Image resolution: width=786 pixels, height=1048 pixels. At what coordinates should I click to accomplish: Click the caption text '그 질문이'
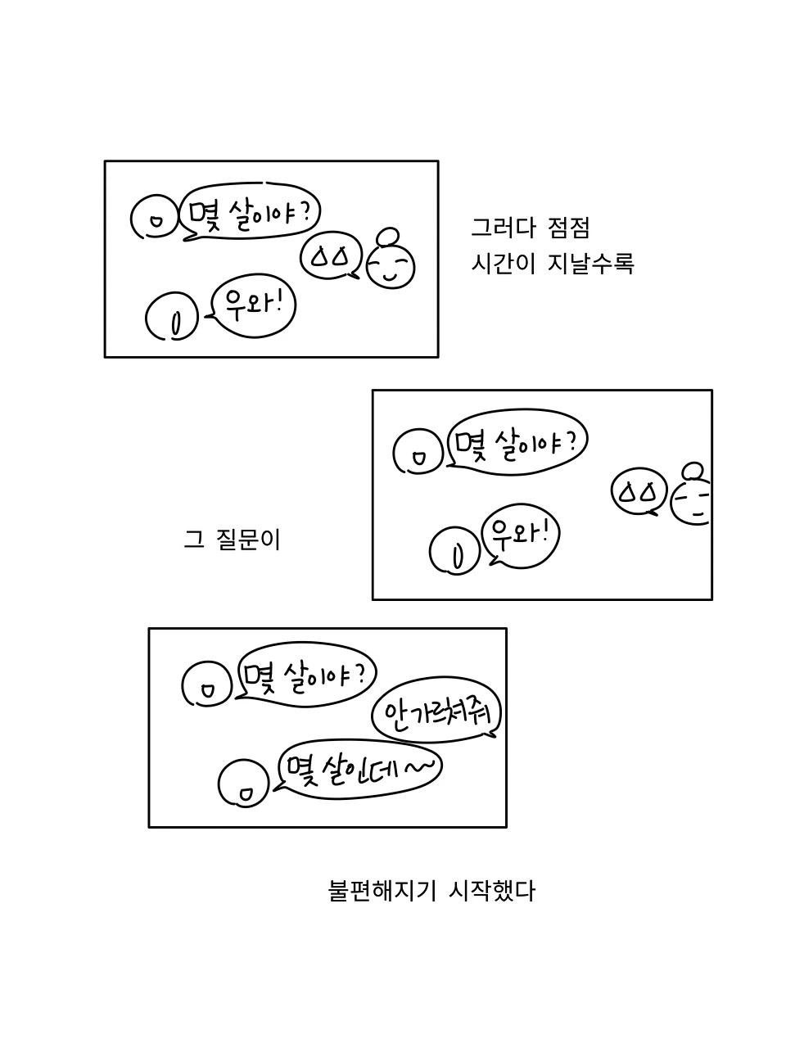coord(232,540)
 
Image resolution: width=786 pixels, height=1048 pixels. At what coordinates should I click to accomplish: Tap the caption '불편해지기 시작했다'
coord(431,891)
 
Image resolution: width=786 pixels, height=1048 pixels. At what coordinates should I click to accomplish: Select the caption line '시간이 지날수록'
coord(552,264)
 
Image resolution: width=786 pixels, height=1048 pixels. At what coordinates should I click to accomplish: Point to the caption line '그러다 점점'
coord(530,228)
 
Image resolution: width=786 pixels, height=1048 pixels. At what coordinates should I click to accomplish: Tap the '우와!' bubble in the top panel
coord(254,306)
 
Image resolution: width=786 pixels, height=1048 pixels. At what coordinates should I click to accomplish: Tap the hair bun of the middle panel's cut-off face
coord(693,471)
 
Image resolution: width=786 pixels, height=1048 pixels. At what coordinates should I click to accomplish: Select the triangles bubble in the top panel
coord(331,256)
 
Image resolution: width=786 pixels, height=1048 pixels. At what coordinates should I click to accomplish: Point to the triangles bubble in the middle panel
coord(639,491)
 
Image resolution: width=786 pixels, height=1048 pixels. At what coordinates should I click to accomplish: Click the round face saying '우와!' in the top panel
coord(172,317)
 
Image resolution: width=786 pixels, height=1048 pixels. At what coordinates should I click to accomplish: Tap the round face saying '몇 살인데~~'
coord(244,784)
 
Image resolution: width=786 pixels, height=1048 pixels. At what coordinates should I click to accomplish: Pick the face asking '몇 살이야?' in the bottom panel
coord(207,684)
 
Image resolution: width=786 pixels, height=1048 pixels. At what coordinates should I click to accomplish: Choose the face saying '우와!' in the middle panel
coord(455,551)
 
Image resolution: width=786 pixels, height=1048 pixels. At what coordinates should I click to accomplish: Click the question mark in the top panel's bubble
coord(305,212)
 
